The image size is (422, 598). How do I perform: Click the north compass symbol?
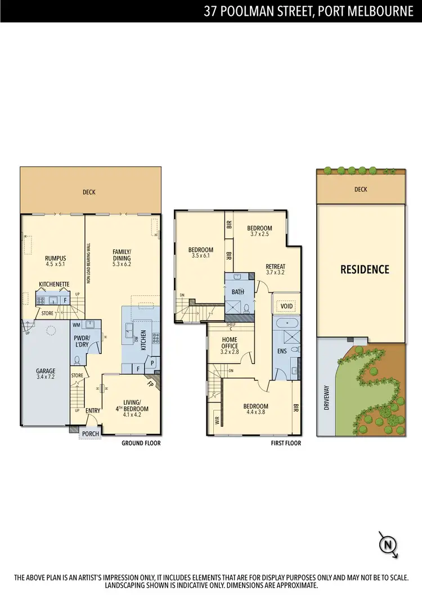388,544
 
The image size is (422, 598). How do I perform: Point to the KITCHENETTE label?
54,284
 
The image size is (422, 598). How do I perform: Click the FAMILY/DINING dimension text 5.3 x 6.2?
121,264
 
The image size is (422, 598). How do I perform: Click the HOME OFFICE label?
230,343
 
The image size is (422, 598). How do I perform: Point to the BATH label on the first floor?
237,291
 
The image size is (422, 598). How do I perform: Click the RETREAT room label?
276,267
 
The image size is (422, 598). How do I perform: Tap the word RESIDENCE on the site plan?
365,269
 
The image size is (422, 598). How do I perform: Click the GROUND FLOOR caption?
141,444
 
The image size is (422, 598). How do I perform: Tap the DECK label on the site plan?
361,189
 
